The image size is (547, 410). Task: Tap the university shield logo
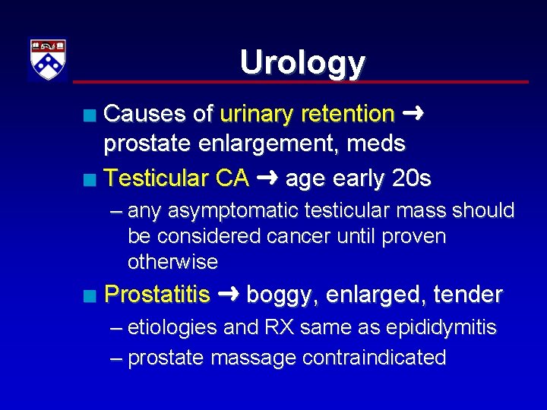point(48,59)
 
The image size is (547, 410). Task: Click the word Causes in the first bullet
point(147,114)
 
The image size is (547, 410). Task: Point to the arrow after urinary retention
point(414,114)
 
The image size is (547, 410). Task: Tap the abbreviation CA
point(232,178)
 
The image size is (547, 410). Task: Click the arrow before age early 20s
point(267,178)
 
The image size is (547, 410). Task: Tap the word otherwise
point(172,262)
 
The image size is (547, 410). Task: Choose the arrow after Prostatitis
point(229,294)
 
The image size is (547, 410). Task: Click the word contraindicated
point(373,358)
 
